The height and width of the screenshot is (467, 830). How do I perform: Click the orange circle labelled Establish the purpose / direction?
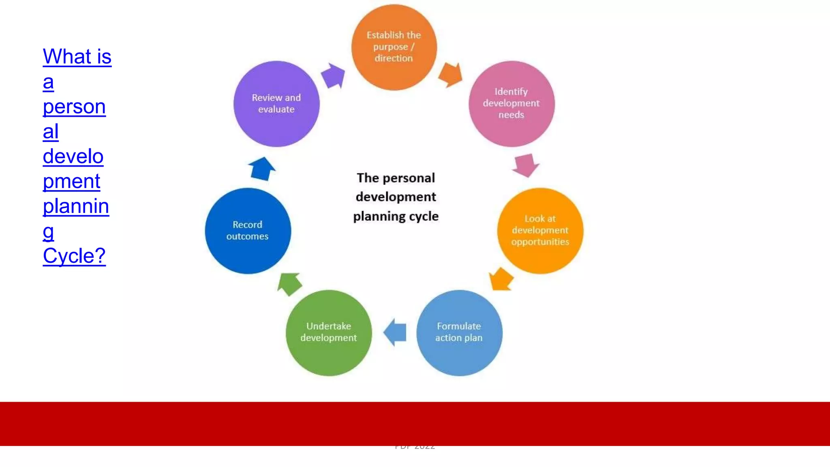(394, 47)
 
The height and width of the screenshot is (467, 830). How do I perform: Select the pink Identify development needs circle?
(511, 103)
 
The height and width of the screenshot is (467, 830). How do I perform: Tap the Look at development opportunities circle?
(540, 230)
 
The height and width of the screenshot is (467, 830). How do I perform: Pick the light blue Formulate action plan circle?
(459, 332)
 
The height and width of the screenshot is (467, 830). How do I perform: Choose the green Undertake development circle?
(329, 332)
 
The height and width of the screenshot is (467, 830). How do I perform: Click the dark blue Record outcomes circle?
(248, 230)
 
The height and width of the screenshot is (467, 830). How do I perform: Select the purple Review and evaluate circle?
(276, 103)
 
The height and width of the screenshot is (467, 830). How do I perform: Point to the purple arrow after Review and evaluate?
(334, 75)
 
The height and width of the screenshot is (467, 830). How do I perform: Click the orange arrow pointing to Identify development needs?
(451, 75)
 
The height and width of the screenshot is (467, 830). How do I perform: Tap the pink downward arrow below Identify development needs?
(526, 165)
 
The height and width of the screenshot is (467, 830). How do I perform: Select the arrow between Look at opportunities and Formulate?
(501, 279)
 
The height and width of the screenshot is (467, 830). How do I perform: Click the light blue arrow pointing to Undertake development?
(395, 332)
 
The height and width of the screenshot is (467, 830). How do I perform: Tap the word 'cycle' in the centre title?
(424, 216)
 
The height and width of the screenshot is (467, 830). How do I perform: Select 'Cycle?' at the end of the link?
(74, 256)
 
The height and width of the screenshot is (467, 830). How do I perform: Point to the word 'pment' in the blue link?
(71, 181)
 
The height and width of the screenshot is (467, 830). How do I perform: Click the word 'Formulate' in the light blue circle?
(459, 326)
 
